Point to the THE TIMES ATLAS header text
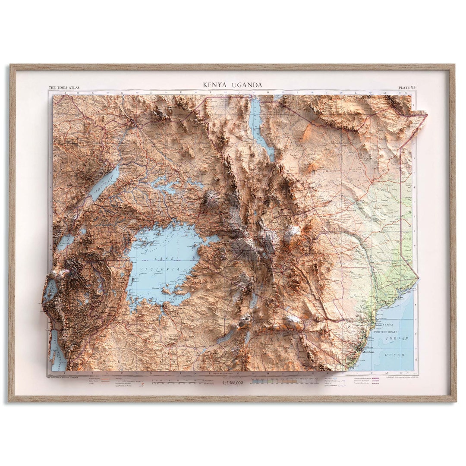pos(64,88)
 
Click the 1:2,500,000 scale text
pos(233,383)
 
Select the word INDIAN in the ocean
pos(397,339)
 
